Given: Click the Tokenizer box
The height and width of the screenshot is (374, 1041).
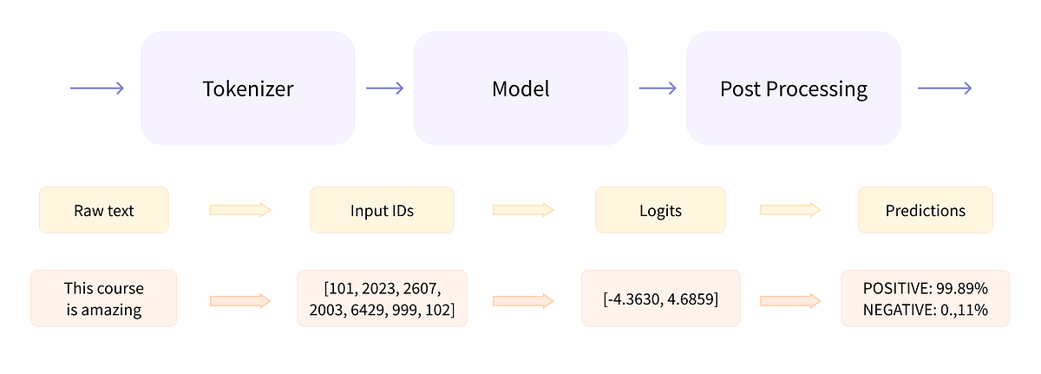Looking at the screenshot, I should coord(247,89).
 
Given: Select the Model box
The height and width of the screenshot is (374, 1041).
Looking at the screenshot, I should coord(520,89).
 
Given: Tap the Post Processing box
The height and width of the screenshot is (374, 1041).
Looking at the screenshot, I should coord(793,89).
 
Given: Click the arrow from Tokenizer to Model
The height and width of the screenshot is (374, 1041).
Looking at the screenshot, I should coord(384,89).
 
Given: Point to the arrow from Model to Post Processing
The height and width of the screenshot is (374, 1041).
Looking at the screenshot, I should coord(657,89).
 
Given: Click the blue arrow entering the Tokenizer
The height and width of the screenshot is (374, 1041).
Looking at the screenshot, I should coord(97,89).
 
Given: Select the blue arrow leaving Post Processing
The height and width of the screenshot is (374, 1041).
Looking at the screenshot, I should coord(945,89).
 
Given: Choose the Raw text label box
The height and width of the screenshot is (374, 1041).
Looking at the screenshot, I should coord(103,210).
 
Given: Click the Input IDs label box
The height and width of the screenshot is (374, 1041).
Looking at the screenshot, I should coord(382,210).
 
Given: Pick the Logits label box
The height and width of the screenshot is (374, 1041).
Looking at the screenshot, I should coord(662,210).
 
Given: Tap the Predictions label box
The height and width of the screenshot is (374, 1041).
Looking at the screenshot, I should coord(925,210).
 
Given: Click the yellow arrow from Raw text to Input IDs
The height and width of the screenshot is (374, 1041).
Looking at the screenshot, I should coord(240,210).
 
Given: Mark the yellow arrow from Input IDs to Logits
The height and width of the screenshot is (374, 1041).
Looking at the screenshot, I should coord(523,210).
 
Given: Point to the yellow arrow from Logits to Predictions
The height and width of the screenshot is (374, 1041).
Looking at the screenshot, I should coord(790,210).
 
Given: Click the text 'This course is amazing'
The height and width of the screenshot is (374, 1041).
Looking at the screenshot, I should coord(103,299).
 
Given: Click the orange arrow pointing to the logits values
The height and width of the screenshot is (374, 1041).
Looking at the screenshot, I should coord(523,300).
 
